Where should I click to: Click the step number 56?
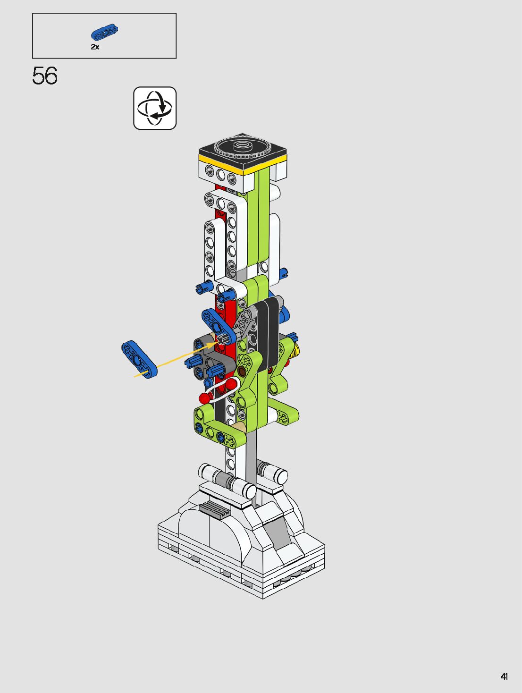coord(45,76)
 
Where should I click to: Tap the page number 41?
coord(504,676)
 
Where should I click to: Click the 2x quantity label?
coord(95,47)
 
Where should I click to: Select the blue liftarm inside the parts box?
coord(104,32)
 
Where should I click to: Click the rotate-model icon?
coord(155,108)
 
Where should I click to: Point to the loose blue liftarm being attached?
coord(139,359)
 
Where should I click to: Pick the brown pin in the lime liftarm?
coord(242,372)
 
